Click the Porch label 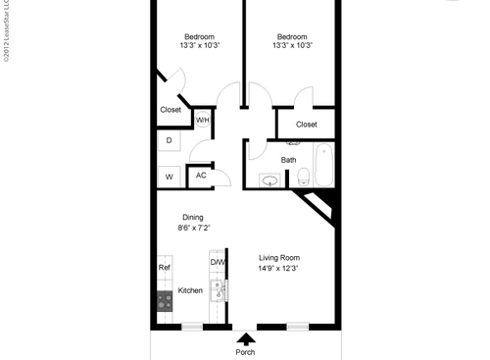[x=245, y=352]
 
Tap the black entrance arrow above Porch [x=245, y=337]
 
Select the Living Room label [x=277, y=257]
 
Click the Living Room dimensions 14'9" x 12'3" [x=277, y=268]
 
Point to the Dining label [x=193, y=217]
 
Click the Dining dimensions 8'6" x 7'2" [x=193, y=228]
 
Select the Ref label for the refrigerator [x=164, y=266]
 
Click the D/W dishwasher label [x=218, y=262]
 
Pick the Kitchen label [x=190, y=291]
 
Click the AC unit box [x=201, y=176]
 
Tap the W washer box [x=169, y=177]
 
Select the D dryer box [x=169, y=141]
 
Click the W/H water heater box [x=203, y=120]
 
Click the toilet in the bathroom [x=304, y=178]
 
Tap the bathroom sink [x=269, y=180]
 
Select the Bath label [x=289, y=159]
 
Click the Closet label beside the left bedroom [x=171, y=110]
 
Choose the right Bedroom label [x=292, y=36]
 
